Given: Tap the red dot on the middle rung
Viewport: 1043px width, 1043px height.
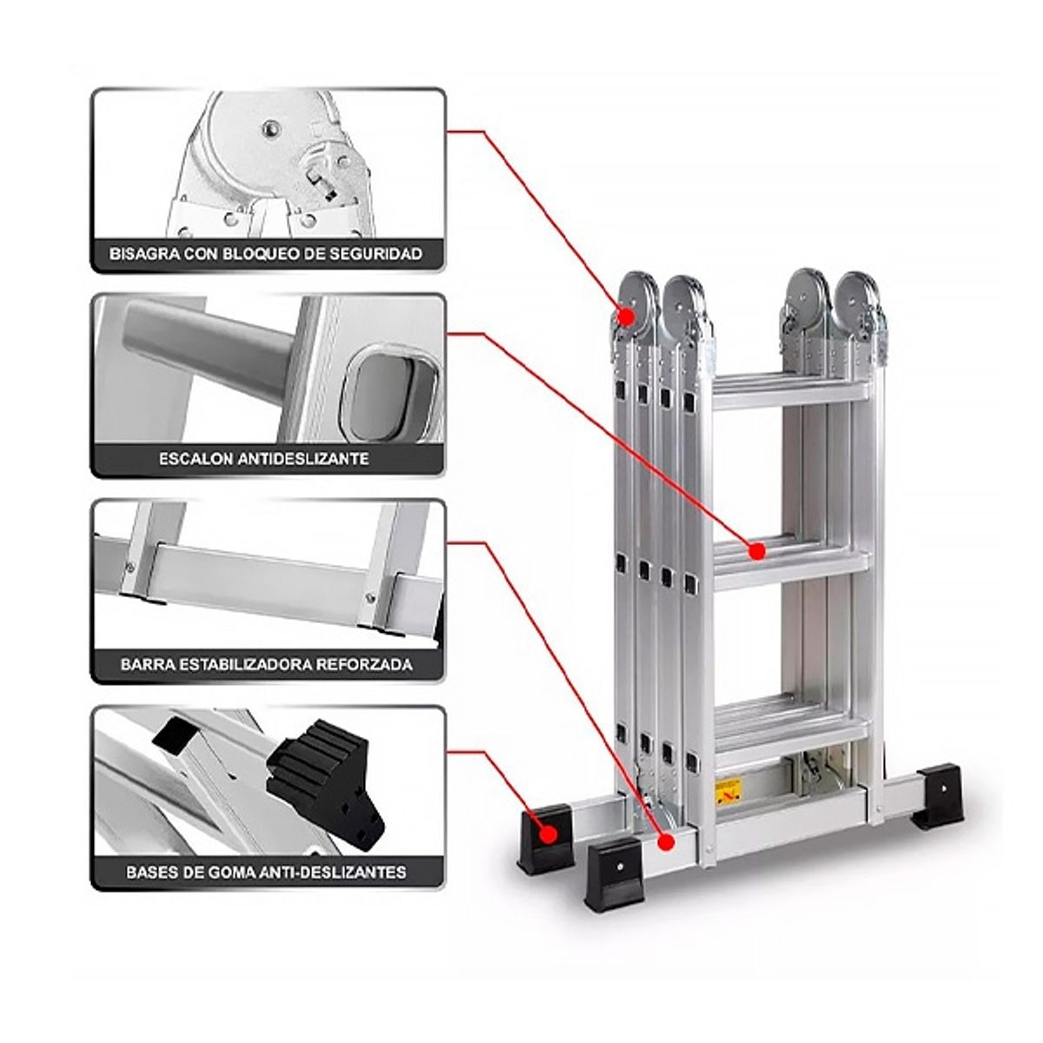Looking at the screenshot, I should click(x=757, y=550).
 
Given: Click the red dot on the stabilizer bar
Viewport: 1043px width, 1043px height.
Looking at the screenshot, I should click(x=666, y=841).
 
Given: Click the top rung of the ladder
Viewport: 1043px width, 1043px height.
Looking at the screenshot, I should click(x=791, y=388).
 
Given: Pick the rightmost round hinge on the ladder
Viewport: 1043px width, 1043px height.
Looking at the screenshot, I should click(x=860, y=300).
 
